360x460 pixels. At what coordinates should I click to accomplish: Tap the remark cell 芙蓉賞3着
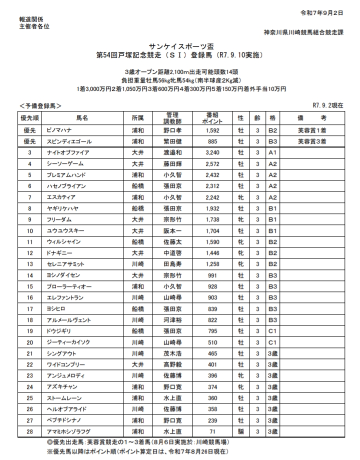point(311,141)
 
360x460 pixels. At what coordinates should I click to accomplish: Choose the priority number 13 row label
point(30,263)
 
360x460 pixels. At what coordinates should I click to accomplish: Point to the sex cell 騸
point(240,430)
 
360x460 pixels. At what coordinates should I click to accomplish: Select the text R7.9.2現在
point(327,105)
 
